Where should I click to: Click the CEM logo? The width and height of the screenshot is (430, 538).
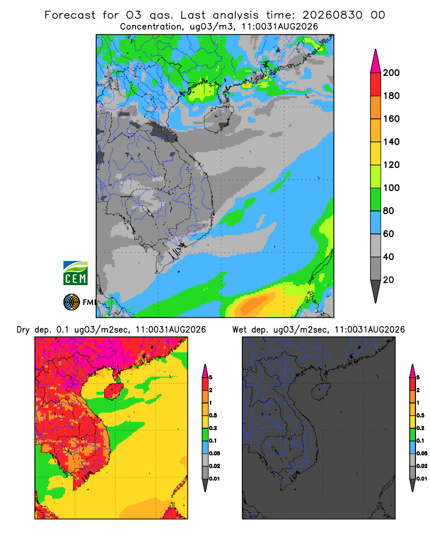[x=75, y=273]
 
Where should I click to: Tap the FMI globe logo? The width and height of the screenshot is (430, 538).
[x=71, y=302]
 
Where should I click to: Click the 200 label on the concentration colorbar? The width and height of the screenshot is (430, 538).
[x=391, y=73]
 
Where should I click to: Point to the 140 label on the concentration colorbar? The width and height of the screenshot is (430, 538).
[x=391, y=141]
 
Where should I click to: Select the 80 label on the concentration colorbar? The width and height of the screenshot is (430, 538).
[x=389, y=211]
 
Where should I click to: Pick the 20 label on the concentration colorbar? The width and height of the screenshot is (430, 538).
[x=389, y=280]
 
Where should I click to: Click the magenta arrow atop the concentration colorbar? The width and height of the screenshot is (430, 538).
[x=376, y=61]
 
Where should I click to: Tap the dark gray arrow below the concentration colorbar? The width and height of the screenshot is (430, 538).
[x=376, y=291]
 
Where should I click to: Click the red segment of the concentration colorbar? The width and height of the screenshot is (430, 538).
[x=376, y=84]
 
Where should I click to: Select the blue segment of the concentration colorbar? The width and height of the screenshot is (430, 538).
[x=376, y=222]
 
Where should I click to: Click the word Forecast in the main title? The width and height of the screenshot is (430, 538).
[x=70, y=15]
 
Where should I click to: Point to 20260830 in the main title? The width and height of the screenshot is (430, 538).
[x=332, y=15]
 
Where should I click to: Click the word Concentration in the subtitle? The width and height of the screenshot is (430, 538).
[x=151, y=27]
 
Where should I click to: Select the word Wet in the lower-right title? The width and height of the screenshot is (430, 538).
[x=239, y=330]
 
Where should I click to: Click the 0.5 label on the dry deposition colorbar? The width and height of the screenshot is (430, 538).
[x=213, y=415]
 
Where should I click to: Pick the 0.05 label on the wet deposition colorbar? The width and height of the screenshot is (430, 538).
[x=422, y=454]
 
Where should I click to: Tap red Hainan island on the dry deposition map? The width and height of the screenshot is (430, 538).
[x=114, y=391]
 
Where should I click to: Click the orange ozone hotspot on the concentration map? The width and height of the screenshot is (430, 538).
[x=255, y=304]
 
